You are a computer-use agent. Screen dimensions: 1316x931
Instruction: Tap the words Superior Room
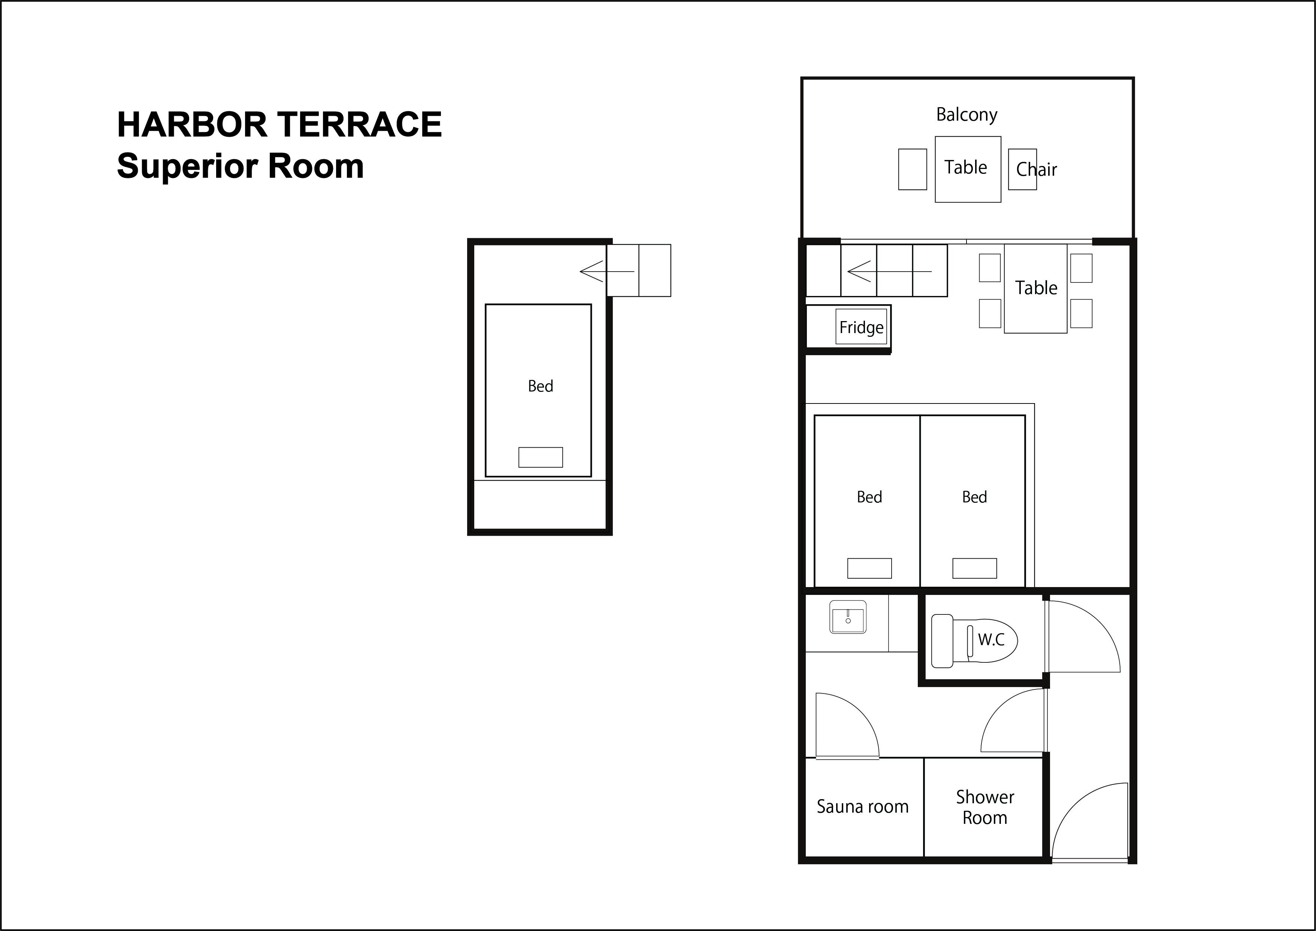click(240, 166)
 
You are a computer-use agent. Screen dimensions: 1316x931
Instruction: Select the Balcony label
click(966, 115)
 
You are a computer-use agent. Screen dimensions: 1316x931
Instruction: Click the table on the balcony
click(968, 169)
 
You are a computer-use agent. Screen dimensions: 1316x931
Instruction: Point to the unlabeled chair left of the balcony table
click(913, 169)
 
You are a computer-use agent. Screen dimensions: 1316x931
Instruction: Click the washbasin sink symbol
click(848, 617)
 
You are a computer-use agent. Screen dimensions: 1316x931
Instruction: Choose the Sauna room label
click(863, 807)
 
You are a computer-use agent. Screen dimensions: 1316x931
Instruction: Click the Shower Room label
click(985, 807)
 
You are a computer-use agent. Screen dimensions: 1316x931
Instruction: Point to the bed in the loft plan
click(538, 390)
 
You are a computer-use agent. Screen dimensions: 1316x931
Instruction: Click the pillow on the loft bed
click(541, 457)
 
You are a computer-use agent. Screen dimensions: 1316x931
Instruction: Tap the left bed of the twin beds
click(867, 501)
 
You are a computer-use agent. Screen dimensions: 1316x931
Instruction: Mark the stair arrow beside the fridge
click(889, 271)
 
